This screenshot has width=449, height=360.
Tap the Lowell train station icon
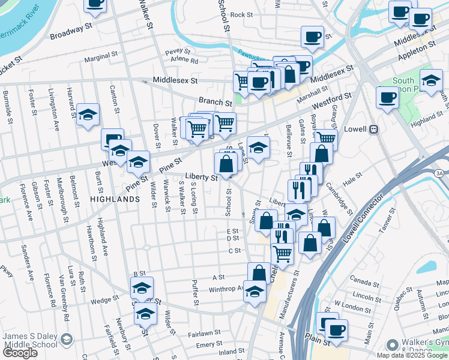coord(373,129)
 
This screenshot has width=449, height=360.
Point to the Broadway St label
coord(70,31)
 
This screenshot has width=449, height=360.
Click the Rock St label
coord(241,14)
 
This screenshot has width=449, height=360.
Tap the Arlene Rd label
coord(184,60)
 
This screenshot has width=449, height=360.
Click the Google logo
coord(20,353)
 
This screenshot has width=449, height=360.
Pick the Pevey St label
coord(178,52)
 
